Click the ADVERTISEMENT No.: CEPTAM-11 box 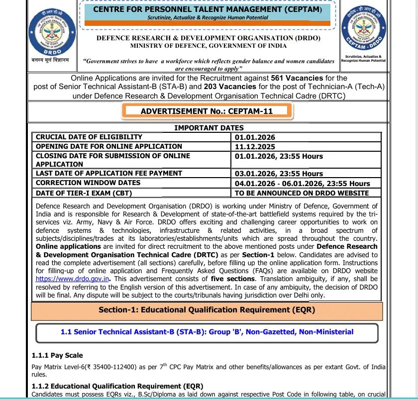(x=207, y=111)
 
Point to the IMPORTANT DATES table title (x=209, y=128)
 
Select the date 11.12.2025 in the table (x=255, y=147)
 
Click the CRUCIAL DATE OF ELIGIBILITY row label (x=89, y=137)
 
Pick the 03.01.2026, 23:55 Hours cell (x=279, y=174)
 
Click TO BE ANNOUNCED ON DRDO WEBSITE (x=302, y=193)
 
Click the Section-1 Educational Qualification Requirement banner (x=207, y=310)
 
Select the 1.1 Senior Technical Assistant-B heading (x=207, y=332)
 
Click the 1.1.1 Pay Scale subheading (x=57, y=355)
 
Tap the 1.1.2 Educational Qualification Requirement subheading (x=117, y=386)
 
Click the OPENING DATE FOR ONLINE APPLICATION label (x=109, y=146)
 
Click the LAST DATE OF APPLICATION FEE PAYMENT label (x=109, y=173)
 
